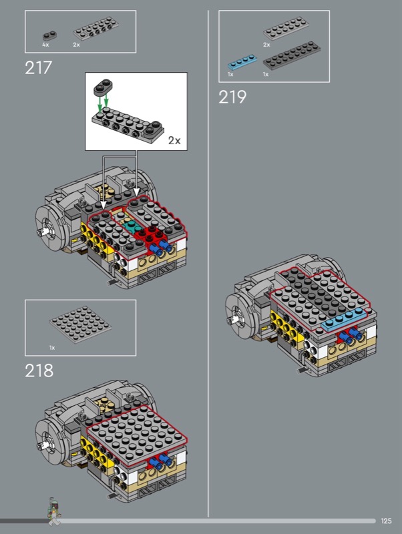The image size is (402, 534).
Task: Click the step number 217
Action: coord(38,67)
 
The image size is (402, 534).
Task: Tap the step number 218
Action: coord(39,370)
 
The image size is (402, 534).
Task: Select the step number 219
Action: coord(232,97)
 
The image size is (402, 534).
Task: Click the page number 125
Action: coord(387,521)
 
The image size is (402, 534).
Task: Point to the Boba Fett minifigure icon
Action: coord(54,510)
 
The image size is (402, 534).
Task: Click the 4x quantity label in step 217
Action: coord(45,45)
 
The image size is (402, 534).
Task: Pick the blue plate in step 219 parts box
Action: coord(242,62)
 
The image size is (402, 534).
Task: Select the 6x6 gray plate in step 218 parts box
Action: coord(80,324)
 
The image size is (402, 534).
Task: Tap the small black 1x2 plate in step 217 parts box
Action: coord(49,35)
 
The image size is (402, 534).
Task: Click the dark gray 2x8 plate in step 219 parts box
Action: coord(292,55)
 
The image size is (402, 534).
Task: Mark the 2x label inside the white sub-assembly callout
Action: coord(174,140)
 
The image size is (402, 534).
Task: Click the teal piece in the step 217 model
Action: coord(132,226)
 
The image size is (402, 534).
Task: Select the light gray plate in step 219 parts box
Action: coord(286,28)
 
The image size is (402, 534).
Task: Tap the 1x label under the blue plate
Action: coord(230,74)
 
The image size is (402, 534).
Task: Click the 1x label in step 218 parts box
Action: coord(52,348)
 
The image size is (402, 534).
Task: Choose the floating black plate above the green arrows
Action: coord(103,87)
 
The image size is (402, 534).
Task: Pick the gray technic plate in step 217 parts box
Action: coord(96,29)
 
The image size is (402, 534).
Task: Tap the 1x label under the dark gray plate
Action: coord(266,74)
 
